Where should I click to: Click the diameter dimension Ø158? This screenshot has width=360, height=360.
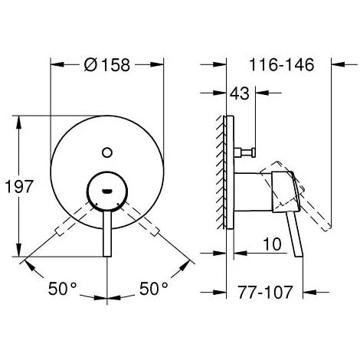point(107,45)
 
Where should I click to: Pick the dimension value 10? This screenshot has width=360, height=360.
point(268,243)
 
